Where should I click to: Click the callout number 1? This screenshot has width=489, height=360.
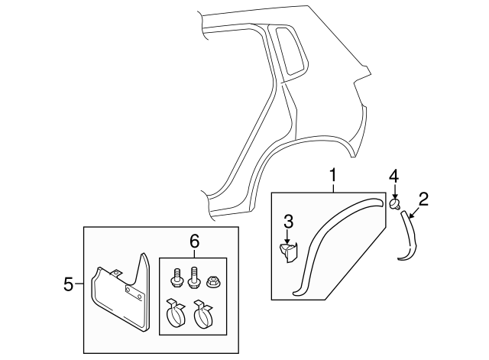coord(333,177)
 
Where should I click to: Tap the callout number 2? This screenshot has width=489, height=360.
coord(423,200)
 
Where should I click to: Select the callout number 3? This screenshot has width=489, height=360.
coord(288,222)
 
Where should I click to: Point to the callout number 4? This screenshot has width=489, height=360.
coord(393,177)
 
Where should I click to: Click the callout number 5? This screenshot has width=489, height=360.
coord(69,285)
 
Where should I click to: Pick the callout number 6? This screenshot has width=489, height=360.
coord(194,241)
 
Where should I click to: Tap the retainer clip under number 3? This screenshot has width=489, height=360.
coord(289,252)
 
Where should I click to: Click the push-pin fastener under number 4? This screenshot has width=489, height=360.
coord(394,204)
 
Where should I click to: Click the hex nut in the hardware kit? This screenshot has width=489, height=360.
coord(215,281)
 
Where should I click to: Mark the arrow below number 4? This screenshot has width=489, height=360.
coord(393,193)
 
